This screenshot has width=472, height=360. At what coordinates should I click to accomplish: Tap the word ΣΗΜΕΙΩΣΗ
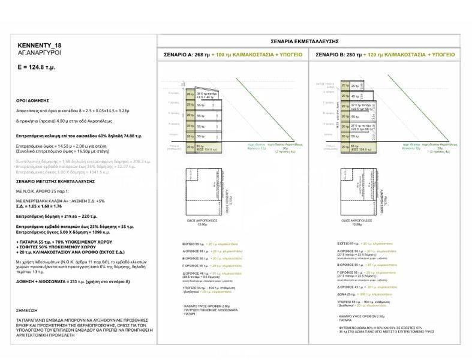pos(28,311)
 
